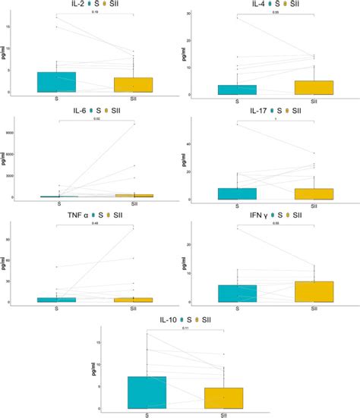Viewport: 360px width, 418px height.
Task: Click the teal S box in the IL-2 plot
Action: tap(55, 82)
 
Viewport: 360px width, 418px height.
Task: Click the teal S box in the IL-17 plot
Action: tap(237, 193)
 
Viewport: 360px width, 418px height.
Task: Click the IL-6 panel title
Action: tap(66, 111)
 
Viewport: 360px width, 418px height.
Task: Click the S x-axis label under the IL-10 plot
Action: tap(146, 415)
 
